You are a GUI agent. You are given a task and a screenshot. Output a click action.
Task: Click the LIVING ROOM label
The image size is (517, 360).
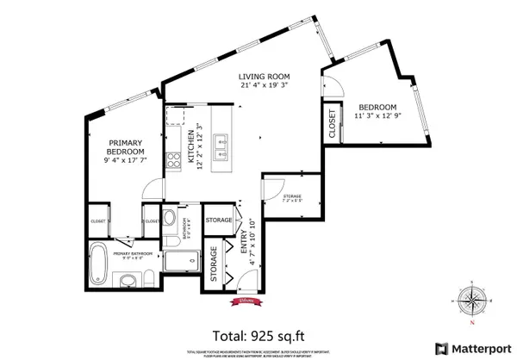tap(264, 77)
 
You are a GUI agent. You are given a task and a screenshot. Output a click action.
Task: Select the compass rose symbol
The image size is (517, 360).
tap(472, 300)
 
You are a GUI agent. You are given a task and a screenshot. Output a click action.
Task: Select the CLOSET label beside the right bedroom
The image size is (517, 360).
tap(333, 122)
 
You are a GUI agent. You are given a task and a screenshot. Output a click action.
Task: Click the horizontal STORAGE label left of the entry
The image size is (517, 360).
tap(219, 220)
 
